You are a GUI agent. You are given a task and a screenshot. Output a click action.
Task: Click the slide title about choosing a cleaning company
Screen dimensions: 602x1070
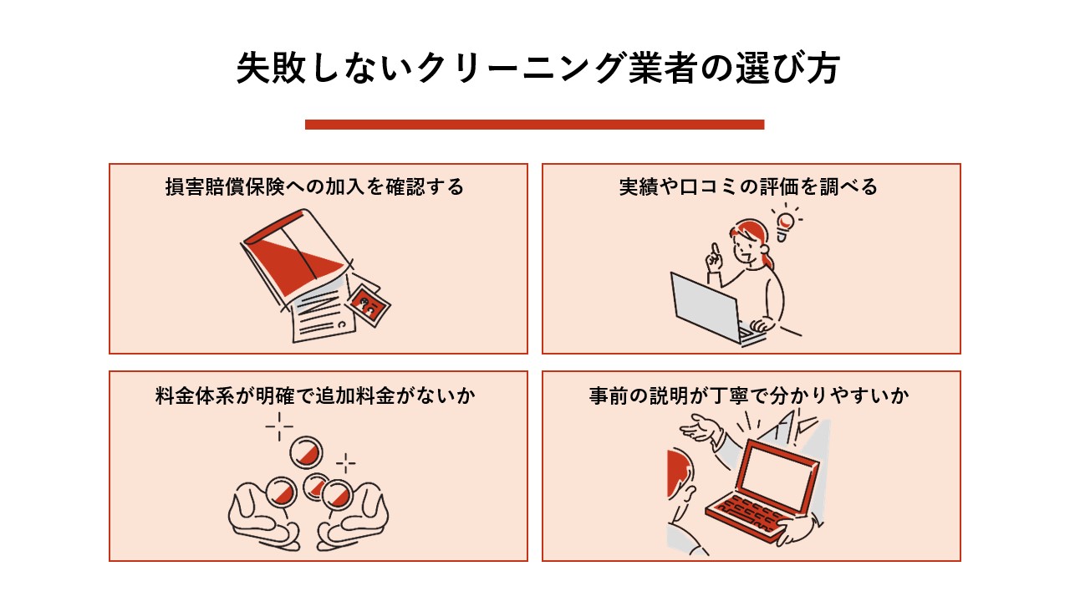535,70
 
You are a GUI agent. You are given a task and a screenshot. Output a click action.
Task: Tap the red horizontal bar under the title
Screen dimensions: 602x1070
535,125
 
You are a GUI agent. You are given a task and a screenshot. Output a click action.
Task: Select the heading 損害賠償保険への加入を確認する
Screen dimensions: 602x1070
314,186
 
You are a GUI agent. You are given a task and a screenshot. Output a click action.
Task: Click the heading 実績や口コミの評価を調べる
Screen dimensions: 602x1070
748,186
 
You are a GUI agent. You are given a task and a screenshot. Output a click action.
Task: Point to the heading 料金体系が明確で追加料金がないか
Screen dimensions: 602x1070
315,395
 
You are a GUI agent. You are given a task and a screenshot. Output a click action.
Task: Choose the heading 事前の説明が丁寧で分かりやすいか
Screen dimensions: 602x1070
748,395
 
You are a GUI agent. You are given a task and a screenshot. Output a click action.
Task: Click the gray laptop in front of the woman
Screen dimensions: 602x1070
704,304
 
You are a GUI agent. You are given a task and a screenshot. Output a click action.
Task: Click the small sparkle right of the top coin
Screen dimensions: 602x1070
345,462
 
